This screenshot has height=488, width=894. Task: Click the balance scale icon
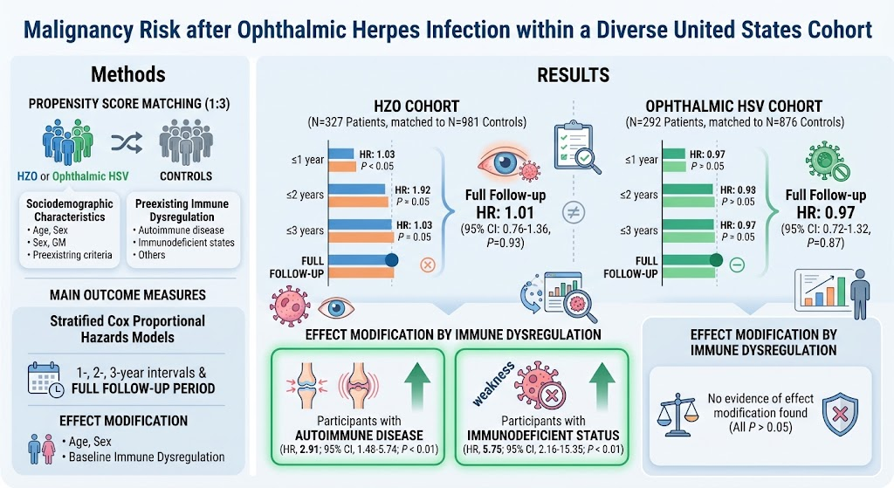[677, 415]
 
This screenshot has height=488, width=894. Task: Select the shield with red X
[840, 413]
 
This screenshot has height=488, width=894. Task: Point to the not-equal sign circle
[573, 213]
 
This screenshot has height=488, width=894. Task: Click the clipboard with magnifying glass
[576, 147]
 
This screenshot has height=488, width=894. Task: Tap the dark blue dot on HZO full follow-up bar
[391, 260]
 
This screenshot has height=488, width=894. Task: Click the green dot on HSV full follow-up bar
[716, 260]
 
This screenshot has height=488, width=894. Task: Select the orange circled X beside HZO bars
[428, 265]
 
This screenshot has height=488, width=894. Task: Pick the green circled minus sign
[737, 265]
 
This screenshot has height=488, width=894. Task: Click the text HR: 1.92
[413, 189]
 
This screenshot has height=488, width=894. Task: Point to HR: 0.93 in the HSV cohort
[738, 189]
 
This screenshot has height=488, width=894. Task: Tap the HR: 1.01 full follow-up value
[505, 213]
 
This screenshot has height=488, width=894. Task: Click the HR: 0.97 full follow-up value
[826, 213]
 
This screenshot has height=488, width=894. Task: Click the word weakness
[494, 383]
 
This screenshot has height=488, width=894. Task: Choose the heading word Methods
[128, 74]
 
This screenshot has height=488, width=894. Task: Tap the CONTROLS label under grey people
[186, 176]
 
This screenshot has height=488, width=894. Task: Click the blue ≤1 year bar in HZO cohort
[341, 154]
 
